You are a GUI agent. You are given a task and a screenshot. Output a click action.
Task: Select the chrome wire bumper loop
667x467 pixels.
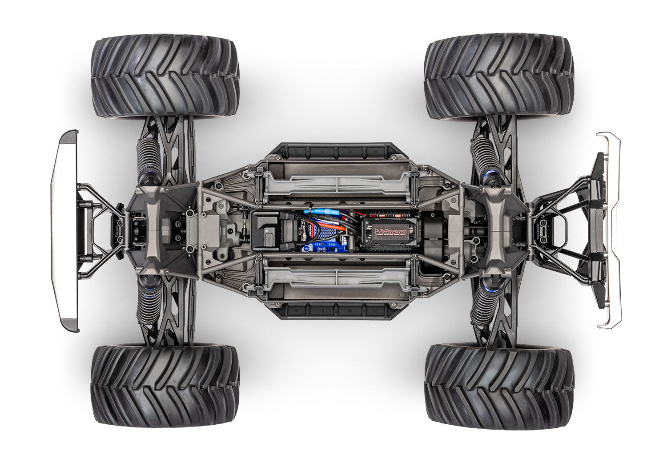pos(612,231)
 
